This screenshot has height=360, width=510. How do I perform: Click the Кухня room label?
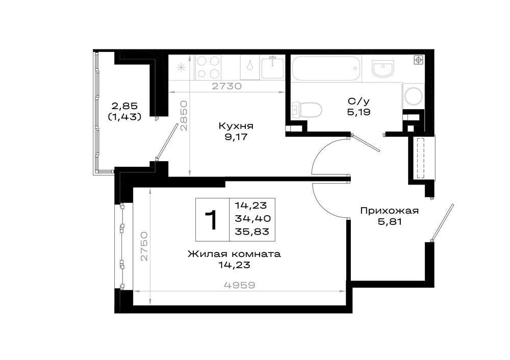[x=236, y=126]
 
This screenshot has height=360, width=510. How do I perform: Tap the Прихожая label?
[x=389, y=211]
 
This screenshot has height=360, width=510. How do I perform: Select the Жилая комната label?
[x=234, y=254]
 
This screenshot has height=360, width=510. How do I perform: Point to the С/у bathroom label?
[x=359, y=102]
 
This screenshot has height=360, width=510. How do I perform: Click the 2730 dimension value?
[x=227, y=86]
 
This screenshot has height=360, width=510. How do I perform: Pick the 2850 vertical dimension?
[x=184, y=115]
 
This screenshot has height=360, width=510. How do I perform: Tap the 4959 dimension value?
[x=240, y=285]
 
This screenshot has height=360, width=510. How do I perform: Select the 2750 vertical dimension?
[x=144, y=246]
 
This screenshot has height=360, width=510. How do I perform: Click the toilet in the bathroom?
[x=307, y=109]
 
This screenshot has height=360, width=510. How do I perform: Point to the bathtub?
[x=326, y=68]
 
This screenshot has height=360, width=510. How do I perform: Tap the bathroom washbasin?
[x=383, y=69]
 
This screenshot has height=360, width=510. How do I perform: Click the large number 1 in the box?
[x=212, y=220]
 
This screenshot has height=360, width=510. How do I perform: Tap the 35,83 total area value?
[x=252, y=232]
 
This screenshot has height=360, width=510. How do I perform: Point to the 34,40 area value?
[x=253, y=219]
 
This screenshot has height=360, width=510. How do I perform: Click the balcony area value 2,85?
[x=125, y=106]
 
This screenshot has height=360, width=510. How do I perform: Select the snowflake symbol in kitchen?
[x=181, y=68]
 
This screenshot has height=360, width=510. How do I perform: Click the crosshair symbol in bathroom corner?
[x=418, y=60]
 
